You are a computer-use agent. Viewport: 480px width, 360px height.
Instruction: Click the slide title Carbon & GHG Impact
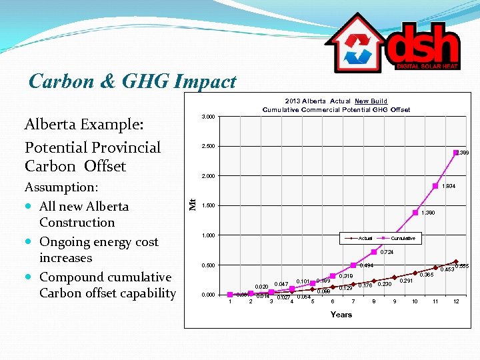(133, 81)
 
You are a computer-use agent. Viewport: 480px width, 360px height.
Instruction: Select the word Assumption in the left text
(60, 187)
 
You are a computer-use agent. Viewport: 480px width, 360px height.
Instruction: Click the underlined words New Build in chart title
(371, 101)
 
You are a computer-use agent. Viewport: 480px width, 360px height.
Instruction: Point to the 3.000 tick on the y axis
(208, 117)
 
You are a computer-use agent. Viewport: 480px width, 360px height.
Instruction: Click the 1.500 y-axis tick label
(208, 206)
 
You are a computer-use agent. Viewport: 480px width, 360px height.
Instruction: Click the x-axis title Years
(341, 314)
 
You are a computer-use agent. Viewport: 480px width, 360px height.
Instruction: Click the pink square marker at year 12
(456, 153)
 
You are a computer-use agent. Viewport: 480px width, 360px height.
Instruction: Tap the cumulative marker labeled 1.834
(435, 186)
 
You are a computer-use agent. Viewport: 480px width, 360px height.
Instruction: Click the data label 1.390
(429, 213)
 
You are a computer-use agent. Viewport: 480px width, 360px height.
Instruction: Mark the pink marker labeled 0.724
(374, 252)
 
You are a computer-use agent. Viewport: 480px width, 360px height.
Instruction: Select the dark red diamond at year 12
(456, 262)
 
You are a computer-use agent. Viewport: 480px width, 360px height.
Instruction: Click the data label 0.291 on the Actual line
(407, 281)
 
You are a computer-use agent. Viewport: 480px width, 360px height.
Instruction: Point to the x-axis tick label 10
(415, 302)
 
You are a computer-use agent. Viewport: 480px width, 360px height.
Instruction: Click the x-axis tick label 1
(230, 302)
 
